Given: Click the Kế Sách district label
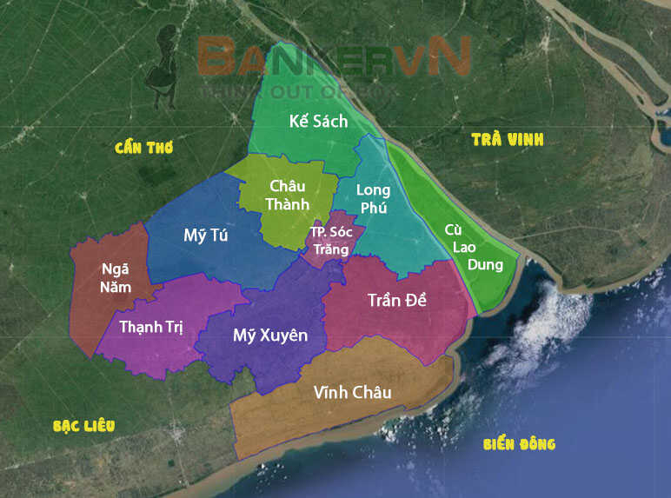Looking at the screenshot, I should [x=318, y=122].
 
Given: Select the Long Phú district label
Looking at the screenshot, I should [x=374, y=199].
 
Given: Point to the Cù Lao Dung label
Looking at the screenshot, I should [x=461, y=247].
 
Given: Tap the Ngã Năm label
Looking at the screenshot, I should [x=116, y=276].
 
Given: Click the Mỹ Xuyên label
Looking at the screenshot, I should [x=270, y=335].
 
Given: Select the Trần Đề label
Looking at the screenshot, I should [x=396, y=300].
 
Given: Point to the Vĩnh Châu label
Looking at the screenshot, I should [x=352, y=393].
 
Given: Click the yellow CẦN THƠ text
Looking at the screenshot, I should [x=144, y=148].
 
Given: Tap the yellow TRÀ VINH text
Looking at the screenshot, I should [x=507, y=139].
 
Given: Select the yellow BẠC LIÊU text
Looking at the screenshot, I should [x=84, y=426].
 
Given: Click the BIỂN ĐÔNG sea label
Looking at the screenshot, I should [x=519, y=444].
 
